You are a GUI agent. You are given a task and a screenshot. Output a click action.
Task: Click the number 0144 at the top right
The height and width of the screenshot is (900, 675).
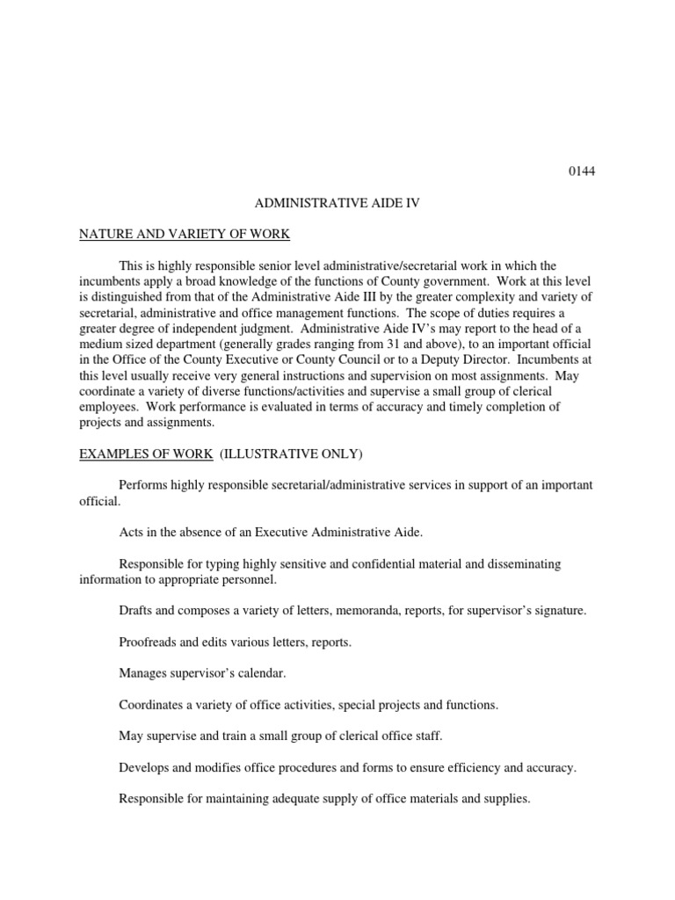click(581, 171)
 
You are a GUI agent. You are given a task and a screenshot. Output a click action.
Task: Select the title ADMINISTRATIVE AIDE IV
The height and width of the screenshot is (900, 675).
click(337, 202)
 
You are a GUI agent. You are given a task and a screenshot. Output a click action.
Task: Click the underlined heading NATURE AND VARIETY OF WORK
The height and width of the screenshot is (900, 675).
click(185, 234)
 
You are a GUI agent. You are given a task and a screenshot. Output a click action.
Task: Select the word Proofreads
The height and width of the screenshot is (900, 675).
click(148, 642)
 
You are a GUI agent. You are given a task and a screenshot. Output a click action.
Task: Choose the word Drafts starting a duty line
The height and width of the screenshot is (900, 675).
click(135, 610)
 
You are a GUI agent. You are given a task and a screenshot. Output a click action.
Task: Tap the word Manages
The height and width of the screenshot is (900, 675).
click(143, 673)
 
